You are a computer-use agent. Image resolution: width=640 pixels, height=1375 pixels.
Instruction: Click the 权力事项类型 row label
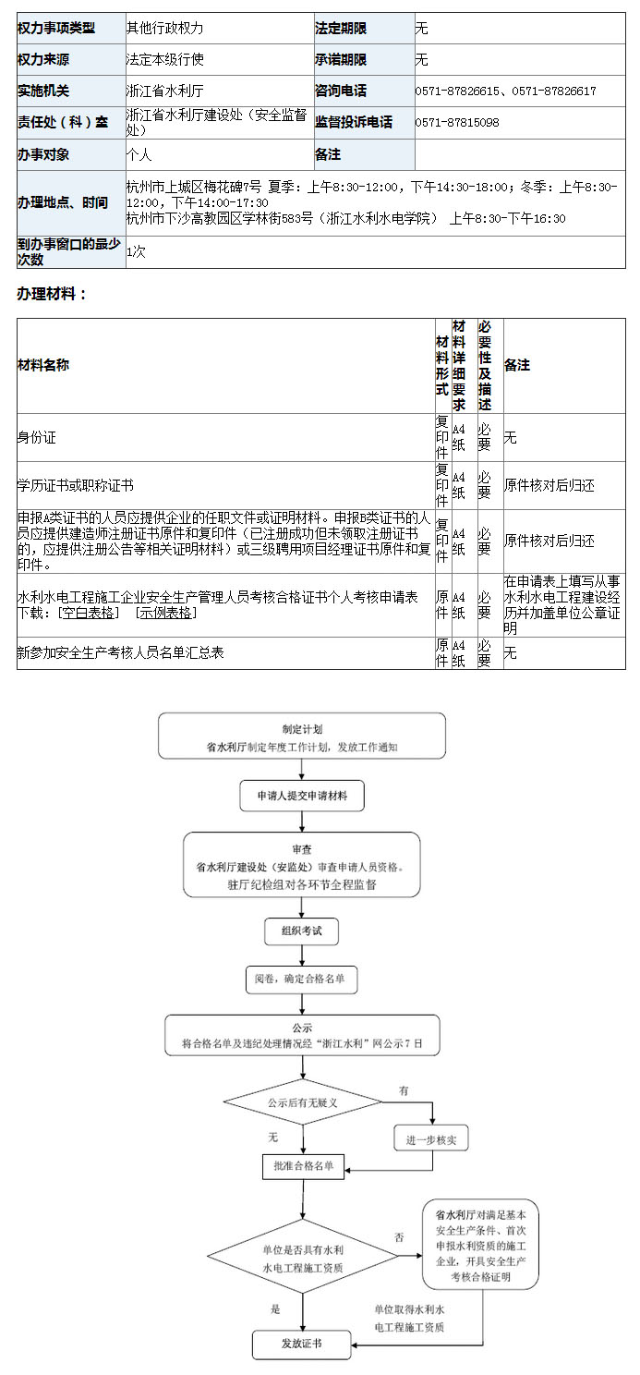(x=56, y=29)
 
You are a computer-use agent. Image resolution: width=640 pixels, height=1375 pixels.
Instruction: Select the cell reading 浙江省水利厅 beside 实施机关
(x=165, y=91)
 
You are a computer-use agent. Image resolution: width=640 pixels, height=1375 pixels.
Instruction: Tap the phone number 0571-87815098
(x=457, y=122)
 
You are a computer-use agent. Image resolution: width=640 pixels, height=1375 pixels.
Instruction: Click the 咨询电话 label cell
(x=341, y=91)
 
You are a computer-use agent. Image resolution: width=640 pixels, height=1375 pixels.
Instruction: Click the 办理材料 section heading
(x=52, y=294)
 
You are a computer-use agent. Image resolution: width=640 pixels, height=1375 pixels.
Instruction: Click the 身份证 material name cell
(x=37, y=437)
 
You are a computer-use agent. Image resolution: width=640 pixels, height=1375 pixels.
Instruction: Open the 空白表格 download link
(x=90, y=613)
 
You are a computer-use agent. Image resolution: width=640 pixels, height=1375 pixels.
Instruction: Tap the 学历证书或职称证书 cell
(x=75, y=485)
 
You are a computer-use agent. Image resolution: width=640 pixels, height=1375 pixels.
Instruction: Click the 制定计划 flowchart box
(x=302, y=736)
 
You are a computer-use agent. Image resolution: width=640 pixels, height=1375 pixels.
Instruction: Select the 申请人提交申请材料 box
(x=302, y=795)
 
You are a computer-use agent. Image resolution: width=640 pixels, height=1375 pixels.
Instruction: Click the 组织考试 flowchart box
(x=302, y=931)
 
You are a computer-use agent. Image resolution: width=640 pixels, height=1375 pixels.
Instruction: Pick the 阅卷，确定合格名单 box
(x=301, y=979)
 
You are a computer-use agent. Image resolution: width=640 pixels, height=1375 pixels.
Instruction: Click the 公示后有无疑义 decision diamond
(x=302, y=1102)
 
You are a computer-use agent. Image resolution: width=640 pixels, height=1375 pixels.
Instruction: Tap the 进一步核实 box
(x=431, y=1139)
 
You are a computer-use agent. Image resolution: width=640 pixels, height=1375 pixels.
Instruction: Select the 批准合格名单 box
(x=303, y=1166)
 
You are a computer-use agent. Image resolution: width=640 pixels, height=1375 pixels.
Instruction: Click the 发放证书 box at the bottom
(x=302, y=1343)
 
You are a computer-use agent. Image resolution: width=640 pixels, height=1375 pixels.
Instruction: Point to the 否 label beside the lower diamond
(x=399, y=1236)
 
